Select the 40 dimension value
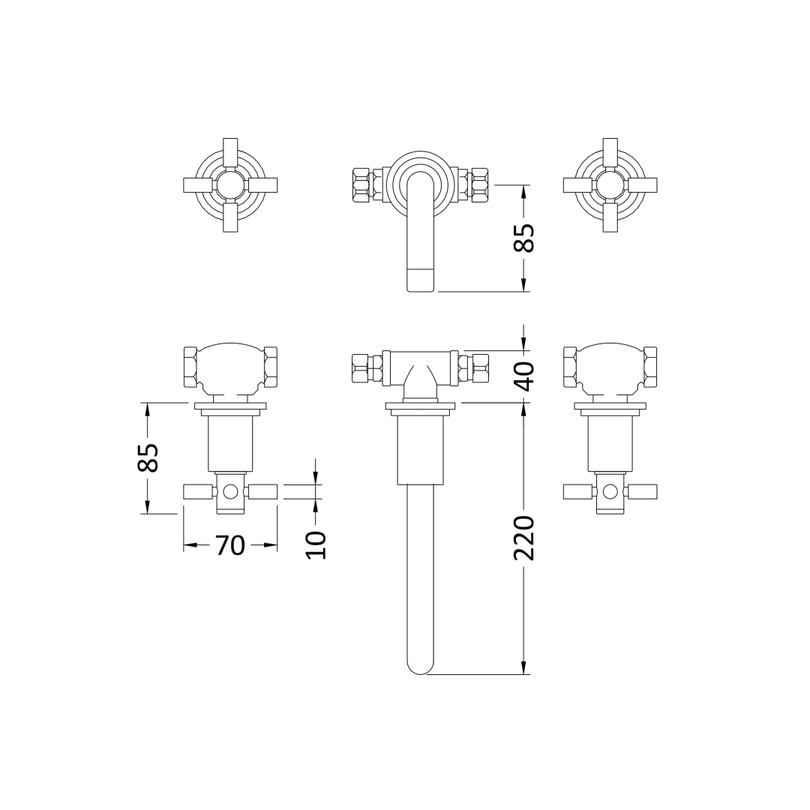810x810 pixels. [525, 376]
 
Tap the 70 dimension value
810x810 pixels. [230, 545]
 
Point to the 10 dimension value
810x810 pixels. [316, 544]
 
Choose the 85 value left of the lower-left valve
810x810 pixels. [148, 457]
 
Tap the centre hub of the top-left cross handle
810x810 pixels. [230, 185]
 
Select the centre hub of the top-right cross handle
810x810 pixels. [610, 185]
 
